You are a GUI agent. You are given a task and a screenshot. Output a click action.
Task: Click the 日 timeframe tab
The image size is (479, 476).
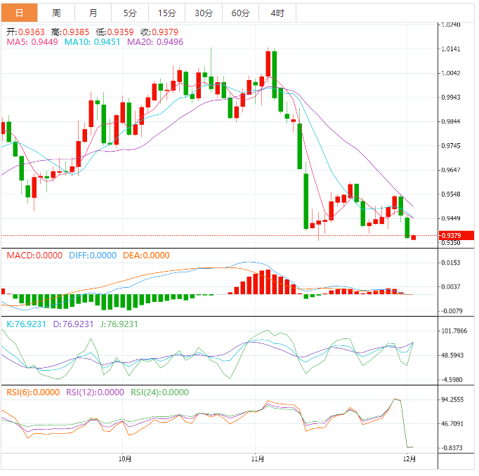tap(19, 13)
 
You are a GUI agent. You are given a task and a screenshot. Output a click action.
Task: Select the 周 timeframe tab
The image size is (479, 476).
tap(55, 13)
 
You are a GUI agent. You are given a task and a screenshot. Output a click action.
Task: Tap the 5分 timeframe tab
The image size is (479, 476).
tap(130, 13)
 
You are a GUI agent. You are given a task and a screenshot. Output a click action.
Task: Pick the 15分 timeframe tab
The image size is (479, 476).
tap(167, 13)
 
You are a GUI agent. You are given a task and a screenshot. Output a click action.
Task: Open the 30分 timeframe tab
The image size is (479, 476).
tap(204, 13)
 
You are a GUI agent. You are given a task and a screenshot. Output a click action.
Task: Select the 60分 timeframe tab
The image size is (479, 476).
tap(240, 13)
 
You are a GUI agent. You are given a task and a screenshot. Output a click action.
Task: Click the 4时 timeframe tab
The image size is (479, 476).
tap(277, 13)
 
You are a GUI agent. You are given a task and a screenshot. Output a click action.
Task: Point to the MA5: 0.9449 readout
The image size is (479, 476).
tap(33, 42)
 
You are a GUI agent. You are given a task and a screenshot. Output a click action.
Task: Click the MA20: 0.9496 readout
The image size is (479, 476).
tap(155, 42)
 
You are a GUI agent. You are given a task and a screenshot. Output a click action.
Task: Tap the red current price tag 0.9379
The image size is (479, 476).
tap(455, 235)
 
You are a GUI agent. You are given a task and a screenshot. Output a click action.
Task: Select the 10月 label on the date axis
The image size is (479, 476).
tap(125, 459)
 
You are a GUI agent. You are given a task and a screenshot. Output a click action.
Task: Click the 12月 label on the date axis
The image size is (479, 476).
tap(409, 459)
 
